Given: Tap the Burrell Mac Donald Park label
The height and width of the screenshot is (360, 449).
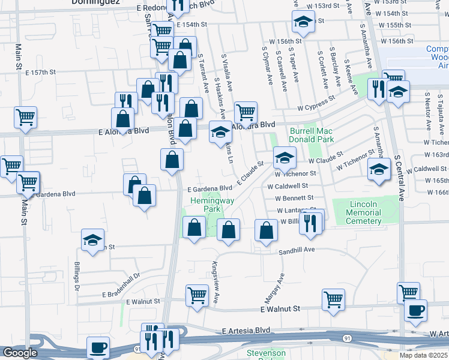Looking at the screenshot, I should pyautogui.click(x=310, y=134).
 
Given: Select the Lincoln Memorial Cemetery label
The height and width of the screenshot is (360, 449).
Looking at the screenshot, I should pyautogui.click(x=372, y=212).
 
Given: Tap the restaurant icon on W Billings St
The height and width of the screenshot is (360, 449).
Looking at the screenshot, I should pyautogui.click(x=311, y=221).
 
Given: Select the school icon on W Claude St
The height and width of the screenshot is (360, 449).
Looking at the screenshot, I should pyautogui.click(x=285, y=158).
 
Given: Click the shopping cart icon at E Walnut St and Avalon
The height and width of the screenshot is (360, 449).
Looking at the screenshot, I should pyautogui.click(x=197, y=295).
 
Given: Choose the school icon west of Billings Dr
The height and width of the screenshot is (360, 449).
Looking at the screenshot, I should pyautogui.click(x=92, y=240).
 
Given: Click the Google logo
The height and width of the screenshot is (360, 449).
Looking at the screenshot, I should pyautogui.click(x=20, y=352).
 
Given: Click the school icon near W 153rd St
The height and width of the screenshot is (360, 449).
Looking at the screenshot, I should pyautogui.click(x=304, y=22).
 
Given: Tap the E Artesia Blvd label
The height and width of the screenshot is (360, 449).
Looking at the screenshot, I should pyautogui.click(x=246, y=331).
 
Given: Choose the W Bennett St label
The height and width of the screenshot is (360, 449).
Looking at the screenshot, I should pyautogui.click(x=295, y=198).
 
